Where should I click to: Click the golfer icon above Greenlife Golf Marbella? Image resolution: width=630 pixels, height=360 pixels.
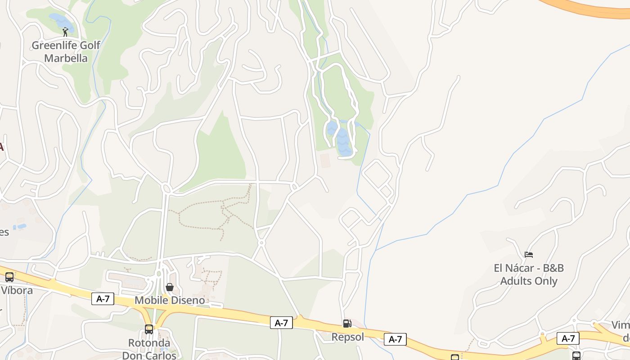65,32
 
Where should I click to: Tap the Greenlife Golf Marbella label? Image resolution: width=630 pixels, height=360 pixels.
66,52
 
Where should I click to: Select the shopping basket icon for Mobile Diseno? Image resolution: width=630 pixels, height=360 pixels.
170,287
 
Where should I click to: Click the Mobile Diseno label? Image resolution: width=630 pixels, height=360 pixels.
170,300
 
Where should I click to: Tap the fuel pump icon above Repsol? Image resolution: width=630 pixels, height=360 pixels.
347,323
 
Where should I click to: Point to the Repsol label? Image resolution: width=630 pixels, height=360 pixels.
347,337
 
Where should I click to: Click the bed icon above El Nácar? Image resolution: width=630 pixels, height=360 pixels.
529,255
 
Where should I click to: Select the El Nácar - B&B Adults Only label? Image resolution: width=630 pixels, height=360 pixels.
529,274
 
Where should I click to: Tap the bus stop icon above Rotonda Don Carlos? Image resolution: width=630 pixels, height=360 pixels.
149,329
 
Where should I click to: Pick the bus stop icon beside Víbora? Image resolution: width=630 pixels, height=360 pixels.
9,277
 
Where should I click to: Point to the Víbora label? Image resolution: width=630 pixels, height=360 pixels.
17,290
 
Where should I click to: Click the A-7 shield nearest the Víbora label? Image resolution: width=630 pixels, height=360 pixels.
103,299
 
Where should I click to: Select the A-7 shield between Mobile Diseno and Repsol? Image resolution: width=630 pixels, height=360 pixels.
281,323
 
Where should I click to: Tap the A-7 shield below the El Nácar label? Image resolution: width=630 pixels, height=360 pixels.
568,338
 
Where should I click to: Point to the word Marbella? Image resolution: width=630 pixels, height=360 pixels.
66,58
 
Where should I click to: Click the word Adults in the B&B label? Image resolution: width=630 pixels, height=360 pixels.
516,281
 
